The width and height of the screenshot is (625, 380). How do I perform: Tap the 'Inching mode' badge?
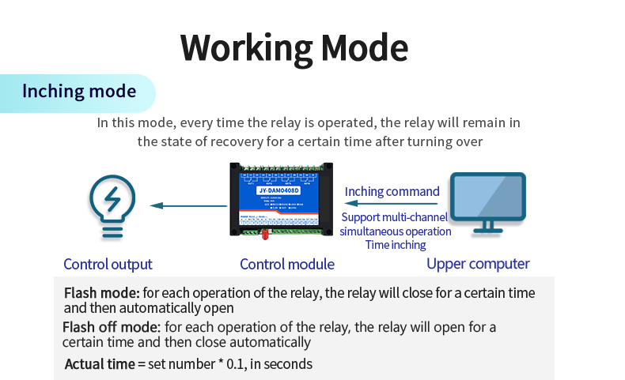(x=79, y=92)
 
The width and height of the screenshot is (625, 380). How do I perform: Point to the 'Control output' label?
(x=108, y=265)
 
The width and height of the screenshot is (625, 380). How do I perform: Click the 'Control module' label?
(x=287, y=265)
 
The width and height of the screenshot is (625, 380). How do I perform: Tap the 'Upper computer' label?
(x=478, y=264)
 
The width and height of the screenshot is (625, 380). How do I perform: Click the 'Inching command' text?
(x=392, y=191)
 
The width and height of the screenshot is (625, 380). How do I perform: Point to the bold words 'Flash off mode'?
(x=111, y=327)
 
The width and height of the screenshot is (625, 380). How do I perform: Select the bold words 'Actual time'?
(x=99, y=364)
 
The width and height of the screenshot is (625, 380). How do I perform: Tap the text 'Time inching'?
(x=395, y=245)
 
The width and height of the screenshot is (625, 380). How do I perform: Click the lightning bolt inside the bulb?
(x=112, y=198)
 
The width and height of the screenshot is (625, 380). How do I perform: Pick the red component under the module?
(x=263, y=234)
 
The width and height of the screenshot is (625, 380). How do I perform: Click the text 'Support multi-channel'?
(x=395, y=217)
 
